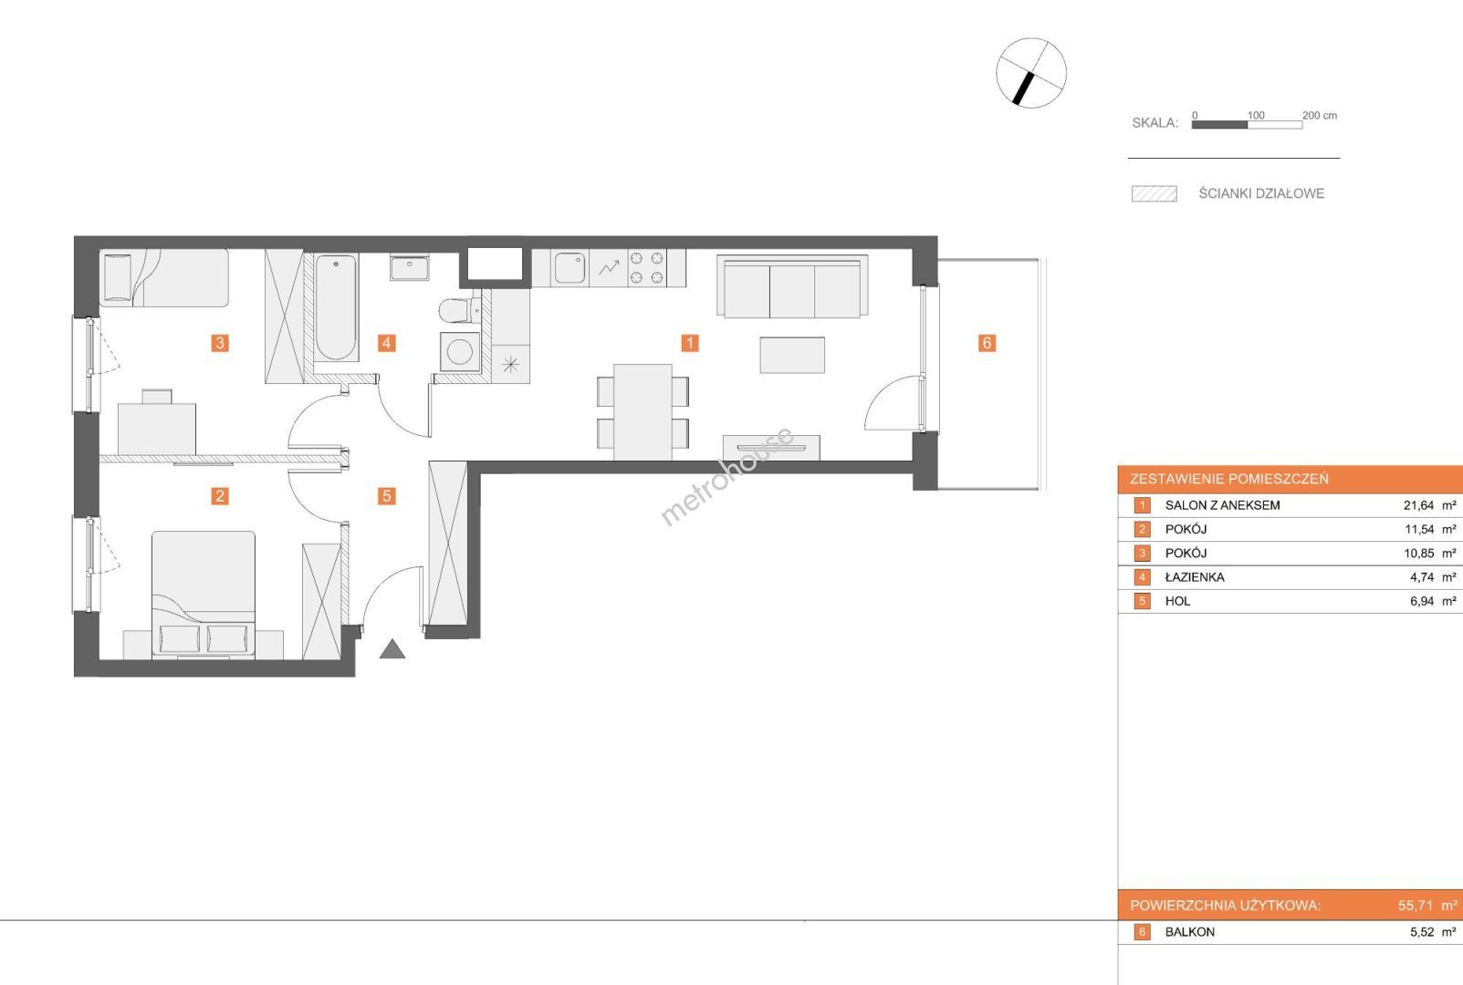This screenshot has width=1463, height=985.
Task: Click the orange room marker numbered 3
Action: click(x=219, y=343)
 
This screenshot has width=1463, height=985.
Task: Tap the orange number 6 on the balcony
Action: click(x=987, y=343)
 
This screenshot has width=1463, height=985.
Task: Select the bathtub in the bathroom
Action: click(x=336, y=306)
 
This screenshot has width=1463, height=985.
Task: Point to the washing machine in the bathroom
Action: click(x=460, y=352)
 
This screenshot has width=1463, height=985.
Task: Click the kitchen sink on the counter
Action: click(x=570, y=267)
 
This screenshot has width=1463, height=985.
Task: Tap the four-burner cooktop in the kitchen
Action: click(x=646, y=267)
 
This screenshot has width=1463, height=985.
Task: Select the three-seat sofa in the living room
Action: click(x=792, y=286)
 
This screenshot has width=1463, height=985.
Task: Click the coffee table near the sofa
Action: click(x=792, y=355)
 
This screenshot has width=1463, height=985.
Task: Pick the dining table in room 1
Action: click(x=643, y=412)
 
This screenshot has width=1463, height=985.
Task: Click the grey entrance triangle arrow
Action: click(x=392, y=648)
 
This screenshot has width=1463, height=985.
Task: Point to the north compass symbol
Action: click(x=1031, y=73)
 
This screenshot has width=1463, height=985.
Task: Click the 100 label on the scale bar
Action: click(x=1256, y=116)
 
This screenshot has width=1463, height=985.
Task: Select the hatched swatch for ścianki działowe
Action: click(x=1155, y=194)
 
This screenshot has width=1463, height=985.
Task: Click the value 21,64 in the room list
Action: click(x=1418, y=505)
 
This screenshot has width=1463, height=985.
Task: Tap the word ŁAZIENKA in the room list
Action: click(x=1195, y=577)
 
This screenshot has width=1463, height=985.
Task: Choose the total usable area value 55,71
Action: click(x=1415, y=906)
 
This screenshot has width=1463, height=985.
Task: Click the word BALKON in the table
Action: click(x=1190, y=932)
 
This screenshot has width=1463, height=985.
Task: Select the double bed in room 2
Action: click(x=204, y=593)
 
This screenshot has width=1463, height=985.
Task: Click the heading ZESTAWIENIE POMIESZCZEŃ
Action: click(x=1229, y=479)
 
